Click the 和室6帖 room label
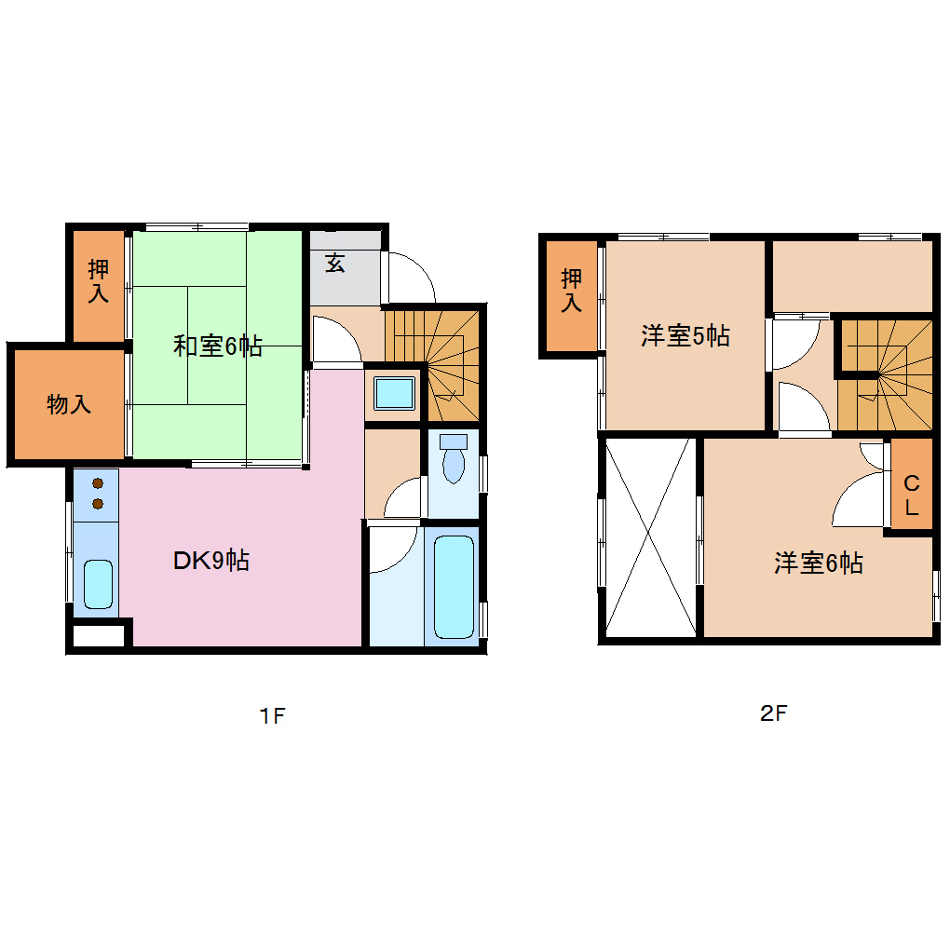(217, 346)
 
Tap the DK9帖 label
(211, 561)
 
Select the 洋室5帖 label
(685, 336)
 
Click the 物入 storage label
(69, 404)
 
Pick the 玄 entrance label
(335, 263)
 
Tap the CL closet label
(912, 495)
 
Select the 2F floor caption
(774, 714)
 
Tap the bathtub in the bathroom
(454, 586)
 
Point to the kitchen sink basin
(97, 583)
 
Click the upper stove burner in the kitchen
(97, 484)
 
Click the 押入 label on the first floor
(98, 281)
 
